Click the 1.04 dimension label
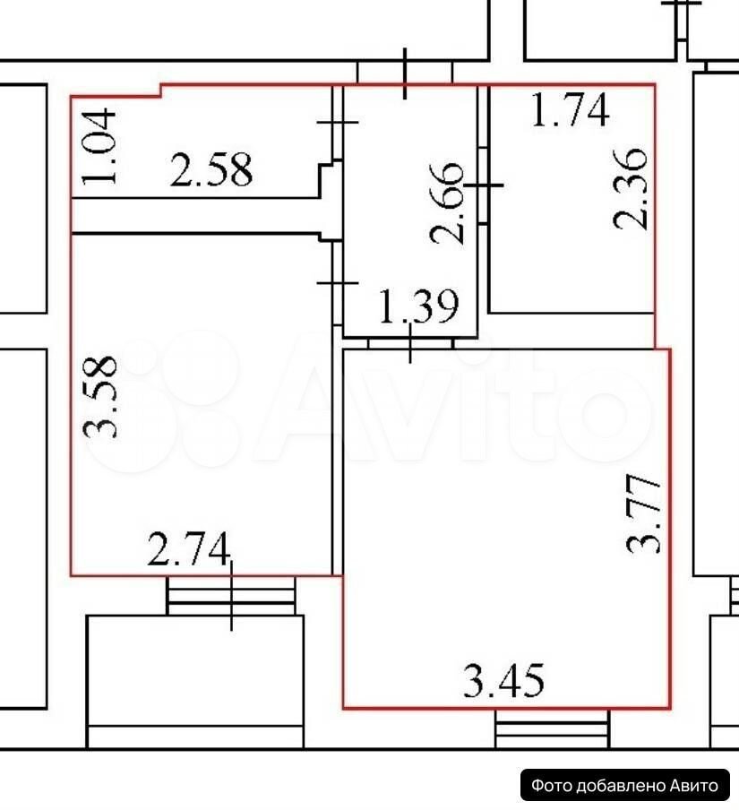pos(99,146)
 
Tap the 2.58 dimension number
pos(211,169)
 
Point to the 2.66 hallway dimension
pos(447,202)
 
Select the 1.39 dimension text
pos(418,306)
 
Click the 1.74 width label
pos(570,109)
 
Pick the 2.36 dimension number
pos(630,188)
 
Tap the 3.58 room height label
pos(100,397)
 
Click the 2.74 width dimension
pos(188,548)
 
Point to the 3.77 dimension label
pos(643,514)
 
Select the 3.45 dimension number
pos(503,680)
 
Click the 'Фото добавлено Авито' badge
pos(625,786)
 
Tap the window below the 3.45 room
pos(552,728)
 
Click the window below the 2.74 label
pos(231,595)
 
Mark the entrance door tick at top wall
pos(405,73)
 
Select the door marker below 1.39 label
pos(410,343)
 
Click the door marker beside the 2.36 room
pos(484,185)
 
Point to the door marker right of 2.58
pos(337,123)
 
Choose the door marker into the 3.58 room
pos(337,282)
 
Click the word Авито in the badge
pos(694,786)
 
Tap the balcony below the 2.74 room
pos(195,681)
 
